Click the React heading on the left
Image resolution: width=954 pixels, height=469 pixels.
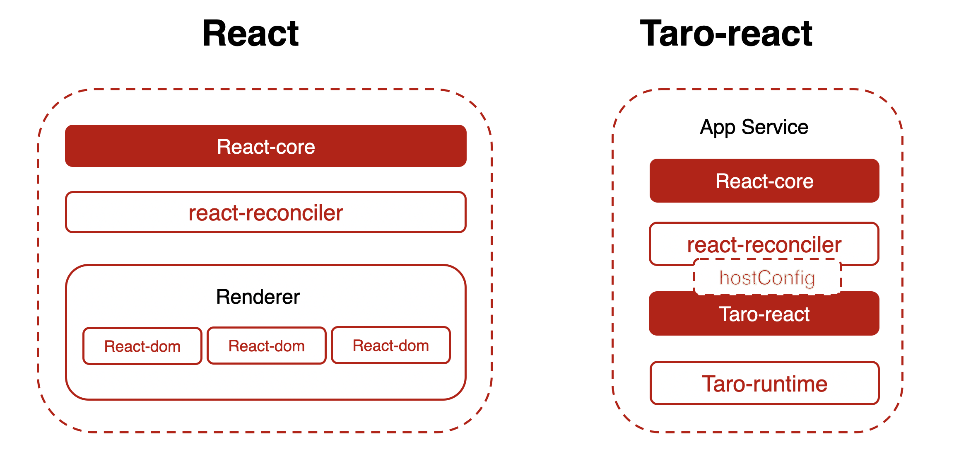click(x=251, y=34)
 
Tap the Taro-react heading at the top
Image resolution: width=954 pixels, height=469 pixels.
click(x=726, y=34)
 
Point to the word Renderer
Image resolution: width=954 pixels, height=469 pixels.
click(x=258, y=297)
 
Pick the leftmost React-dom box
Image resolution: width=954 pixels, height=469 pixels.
click(x=142, y=346)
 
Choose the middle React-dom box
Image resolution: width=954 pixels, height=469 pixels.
click(x=266, y=346)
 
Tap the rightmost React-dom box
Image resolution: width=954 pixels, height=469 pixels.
click(x=390, y=345)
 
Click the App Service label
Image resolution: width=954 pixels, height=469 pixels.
click(x=754, y=127)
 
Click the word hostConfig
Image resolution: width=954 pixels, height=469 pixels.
click(x=767, y=278)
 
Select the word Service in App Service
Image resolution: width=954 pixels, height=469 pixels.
click(x=775, y=127)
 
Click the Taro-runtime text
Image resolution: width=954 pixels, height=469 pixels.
click(x=764, y=384)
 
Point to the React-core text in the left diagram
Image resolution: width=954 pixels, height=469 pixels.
click(x=266, y=147)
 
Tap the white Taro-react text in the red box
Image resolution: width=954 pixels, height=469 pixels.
click(x=764, y=314)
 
